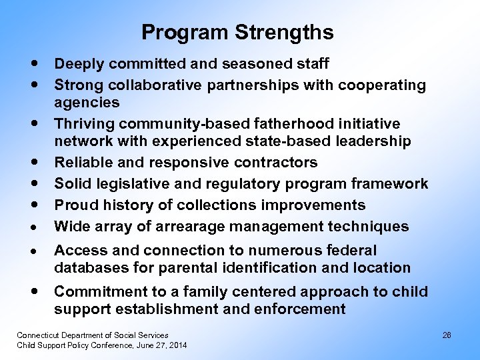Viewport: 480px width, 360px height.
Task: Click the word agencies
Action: click(87, 102)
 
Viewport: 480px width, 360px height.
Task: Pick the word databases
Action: click(87, 268)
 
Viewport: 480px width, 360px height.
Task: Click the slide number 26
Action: click(447, 335)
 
